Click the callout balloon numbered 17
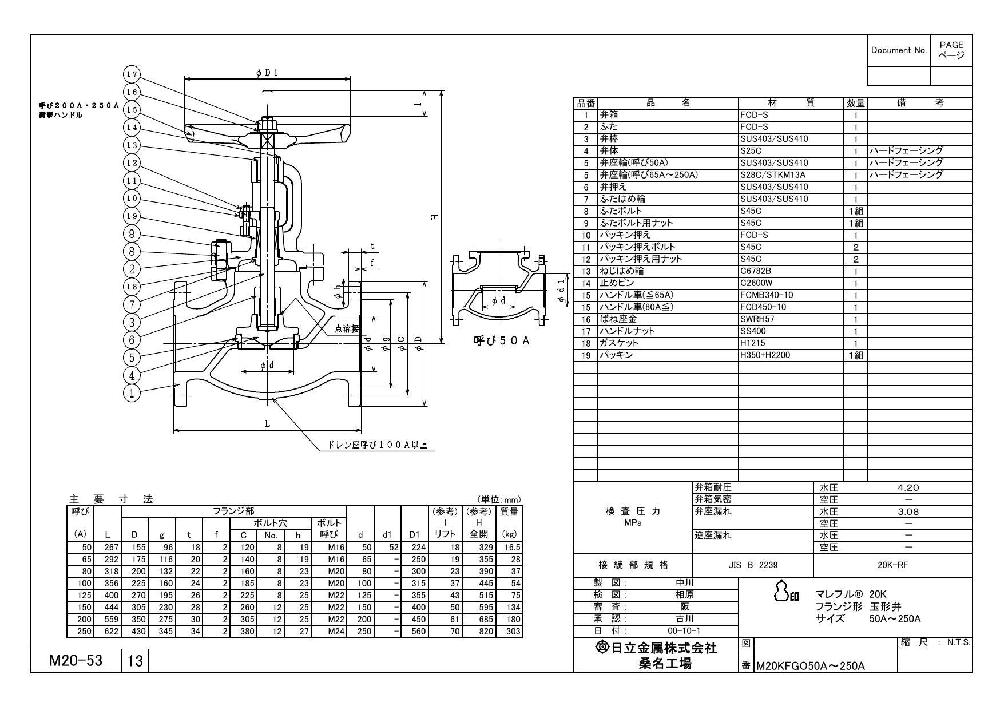132,74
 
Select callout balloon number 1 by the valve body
132,393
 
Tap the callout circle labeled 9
132,234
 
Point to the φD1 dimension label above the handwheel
268,73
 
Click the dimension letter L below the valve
267,424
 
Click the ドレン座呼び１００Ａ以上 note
378,445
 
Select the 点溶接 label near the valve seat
347,328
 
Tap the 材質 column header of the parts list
791,103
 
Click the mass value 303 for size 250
513,631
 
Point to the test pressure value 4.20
908,488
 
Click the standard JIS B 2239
753,565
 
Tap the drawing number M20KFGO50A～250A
811,666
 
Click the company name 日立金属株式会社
656,648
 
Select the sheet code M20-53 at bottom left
76,661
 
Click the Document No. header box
899,50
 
